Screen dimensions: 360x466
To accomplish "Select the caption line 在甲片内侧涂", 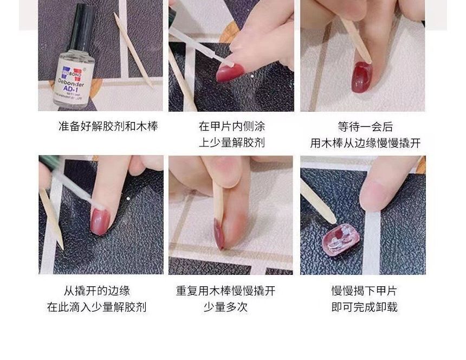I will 231,127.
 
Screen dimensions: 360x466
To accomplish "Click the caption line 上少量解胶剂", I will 231,143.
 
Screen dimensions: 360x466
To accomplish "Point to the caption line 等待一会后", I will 365,127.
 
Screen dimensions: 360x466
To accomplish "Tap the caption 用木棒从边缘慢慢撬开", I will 365,143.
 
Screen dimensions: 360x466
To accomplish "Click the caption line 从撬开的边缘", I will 97,291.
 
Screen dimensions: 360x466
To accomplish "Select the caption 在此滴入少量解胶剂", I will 97,307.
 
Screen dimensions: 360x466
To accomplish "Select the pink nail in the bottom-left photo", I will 100,221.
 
